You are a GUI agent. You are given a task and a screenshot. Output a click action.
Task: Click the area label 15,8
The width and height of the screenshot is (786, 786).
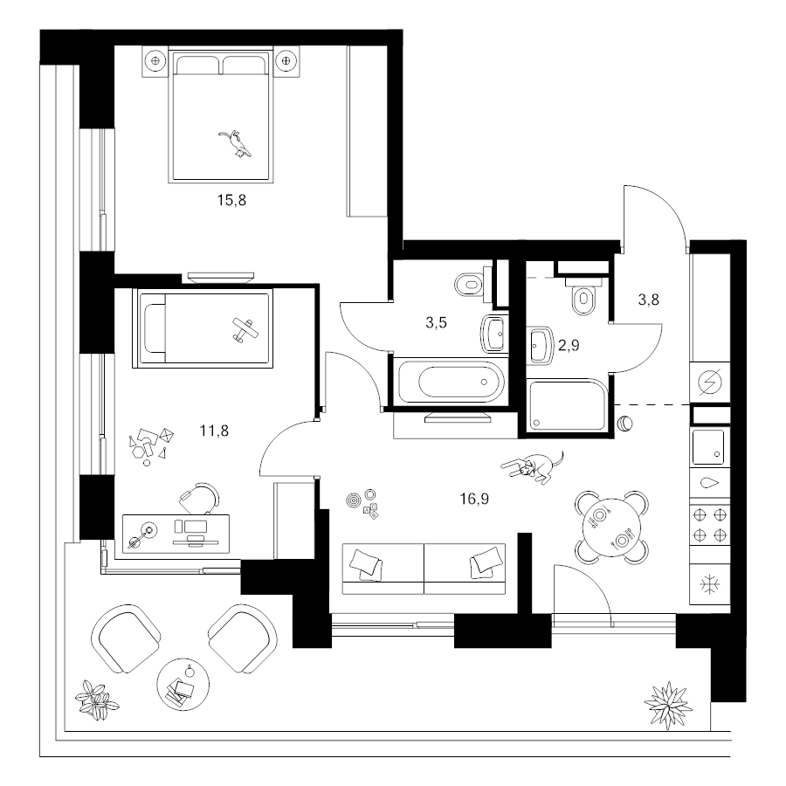231,201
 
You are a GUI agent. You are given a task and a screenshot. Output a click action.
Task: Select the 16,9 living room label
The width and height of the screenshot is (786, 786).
474,499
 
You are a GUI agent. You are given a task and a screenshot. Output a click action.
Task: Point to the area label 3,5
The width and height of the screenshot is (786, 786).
436,323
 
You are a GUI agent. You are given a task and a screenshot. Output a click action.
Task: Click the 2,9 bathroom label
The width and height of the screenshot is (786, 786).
569,345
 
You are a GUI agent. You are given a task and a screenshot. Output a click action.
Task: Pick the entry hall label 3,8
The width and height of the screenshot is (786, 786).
648,300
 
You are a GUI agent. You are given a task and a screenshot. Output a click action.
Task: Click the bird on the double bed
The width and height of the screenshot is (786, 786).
235,144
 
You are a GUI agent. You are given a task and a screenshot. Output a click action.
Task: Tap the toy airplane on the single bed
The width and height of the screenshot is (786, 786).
245,330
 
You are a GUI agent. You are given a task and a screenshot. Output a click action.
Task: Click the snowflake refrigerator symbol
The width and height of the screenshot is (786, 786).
710,584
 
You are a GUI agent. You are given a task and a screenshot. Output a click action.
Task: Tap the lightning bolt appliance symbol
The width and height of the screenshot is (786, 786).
710,382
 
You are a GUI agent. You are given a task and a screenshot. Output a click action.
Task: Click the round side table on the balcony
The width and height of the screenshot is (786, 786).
183,683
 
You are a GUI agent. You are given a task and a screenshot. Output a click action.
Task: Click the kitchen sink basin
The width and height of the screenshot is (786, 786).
709,447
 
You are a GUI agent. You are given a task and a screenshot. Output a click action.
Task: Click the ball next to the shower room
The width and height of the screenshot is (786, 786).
625,424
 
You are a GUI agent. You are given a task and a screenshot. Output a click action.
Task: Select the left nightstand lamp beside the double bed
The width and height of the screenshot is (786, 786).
155,61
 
